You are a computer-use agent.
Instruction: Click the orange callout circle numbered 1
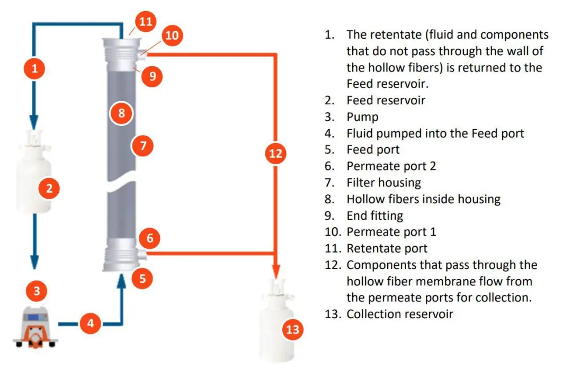(x=34, y=68)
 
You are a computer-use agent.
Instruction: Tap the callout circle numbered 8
(x=121, y=113)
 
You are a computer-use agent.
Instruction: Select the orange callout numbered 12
(x=275, y=153)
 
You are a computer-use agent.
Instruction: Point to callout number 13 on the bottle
(x=292, y=329)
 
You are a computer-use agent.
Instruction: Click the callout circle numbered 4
(x=91, y=323)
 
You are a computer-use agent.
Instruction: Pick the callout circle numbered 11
(x=146, y=21)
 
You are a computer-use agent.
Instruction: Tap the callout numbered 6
(x=150, y=238)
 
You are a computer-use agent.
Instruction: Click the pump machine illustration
(x=35, y=326)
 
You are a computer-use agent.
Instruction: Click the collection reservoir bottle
(x=276, y=321)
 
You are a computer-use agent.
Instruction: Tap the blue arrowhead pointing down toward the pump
(x=34, y=262)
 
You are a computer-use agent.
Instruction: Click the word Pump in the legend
(x=362, y=117)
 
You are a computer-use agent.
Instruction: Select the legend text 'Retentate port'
(x=387, y=248)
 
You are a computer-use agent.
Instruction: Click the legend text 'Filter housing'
(x=384, y=182)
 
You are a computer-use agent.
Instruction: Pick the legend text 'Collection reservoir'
(x=400, y=314)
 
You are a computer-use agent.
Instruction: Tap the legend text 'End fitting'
(x=374, y=216)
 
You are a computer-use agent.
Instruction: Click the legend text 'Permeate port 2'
(x=391, y=166)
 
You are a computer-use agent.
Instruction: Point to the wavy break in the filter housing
(x=121, y=184)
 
